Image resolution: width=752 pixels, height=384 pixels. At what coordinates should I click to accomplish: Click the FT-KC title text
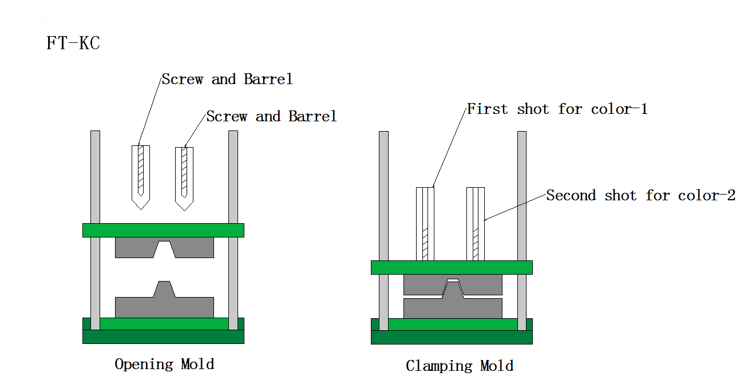click(73, 43)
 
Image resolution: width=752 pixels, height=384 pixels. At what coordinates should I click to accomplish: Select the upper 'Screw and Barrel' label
click(227, 79)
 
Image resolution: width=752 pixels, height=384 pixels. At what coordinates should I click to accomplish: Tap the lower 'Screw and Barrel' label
click(271, 117)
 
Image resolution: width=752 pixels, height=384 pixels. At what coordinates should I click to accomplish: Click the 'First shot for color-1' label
click(557, 109)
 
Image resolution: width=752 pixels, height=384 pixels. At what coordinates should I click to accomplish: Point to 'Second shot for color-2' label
click(640, 196)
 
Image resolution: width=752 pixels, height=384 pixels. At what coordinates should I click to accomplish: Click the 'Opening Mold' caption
click(164, 364)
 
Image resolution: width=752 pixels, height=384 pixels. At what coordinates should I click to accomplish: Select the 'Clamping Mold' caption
click(460, 366)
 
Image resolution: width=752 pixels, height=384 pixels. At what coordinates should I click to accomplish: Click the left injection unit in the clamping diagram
click(425, 223)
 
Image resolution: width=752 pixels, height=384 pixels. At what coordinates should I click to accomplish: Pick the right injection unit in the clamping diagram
click(476, 223)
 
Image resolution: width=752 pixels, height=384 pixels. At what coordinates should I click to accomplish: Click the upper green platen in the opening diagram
click(163, 230)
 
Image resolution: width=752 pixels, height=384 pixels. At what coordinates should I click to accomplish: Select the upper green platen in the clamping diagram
click(452, 267)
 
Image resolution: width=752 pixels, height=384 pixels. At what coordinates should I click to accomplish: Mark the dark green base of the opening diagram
click(163, 337)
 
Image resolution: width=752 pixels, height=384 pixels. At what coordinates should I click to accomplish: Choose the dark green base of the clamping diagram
click(452, 337)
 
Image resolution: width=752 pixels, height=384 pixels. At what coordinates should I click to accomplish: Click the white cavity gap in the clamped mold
click(453, 280)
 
